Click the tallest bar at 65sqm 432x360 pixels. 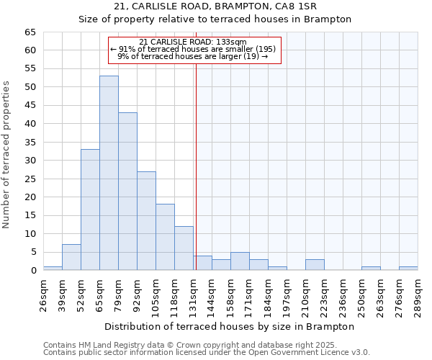109,173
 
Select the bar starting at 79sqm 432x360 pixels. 127,191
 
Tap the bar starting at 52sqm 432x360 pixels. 90,210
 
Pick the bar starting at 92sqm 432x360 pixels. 146,220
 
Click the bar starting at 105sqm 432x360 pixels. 165,237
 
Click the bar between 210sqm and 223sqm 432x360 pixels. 315,265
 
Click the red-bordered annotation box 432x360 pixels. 194,50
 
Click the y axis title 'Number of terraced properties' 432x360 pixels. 7,154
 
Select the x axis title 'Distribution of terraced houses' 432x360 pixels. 230,326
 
